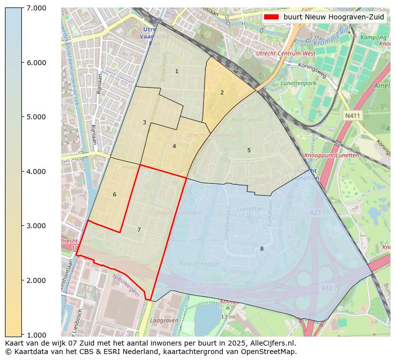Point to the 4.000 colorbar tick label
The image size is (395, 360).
(x=36, y=172)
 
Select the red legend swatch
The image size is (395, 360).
(x=271, y=17)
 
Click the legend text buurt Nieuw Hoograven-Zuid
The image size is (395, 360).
(x=333, y=17)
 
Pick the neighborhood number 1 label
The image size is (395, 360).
(x=177, y=72)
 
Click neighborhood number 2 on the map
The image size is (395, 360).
(x=222, y=92)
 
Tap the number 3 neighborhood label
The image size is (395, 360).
(x=144, y=122)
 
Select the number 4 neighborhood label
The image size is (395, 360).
(x=174, y=146)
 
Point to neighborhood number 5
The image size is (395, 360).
(x=249, y=150)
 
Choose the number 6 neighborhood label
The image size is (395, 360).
(x=114, y=194)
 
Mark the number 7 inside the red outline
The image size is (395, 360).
(x=139, y=230)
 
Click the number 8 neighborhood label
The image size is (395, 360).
(x=262, y=249)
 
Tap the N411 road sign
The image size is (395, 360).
(x=352, y=115)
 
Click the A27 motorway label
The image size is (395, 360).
(x=315, y=212)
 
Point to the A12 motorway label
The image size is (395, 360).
(x=327, y=288)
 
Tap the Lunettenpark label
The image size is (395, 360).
(x=298, y=84)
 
